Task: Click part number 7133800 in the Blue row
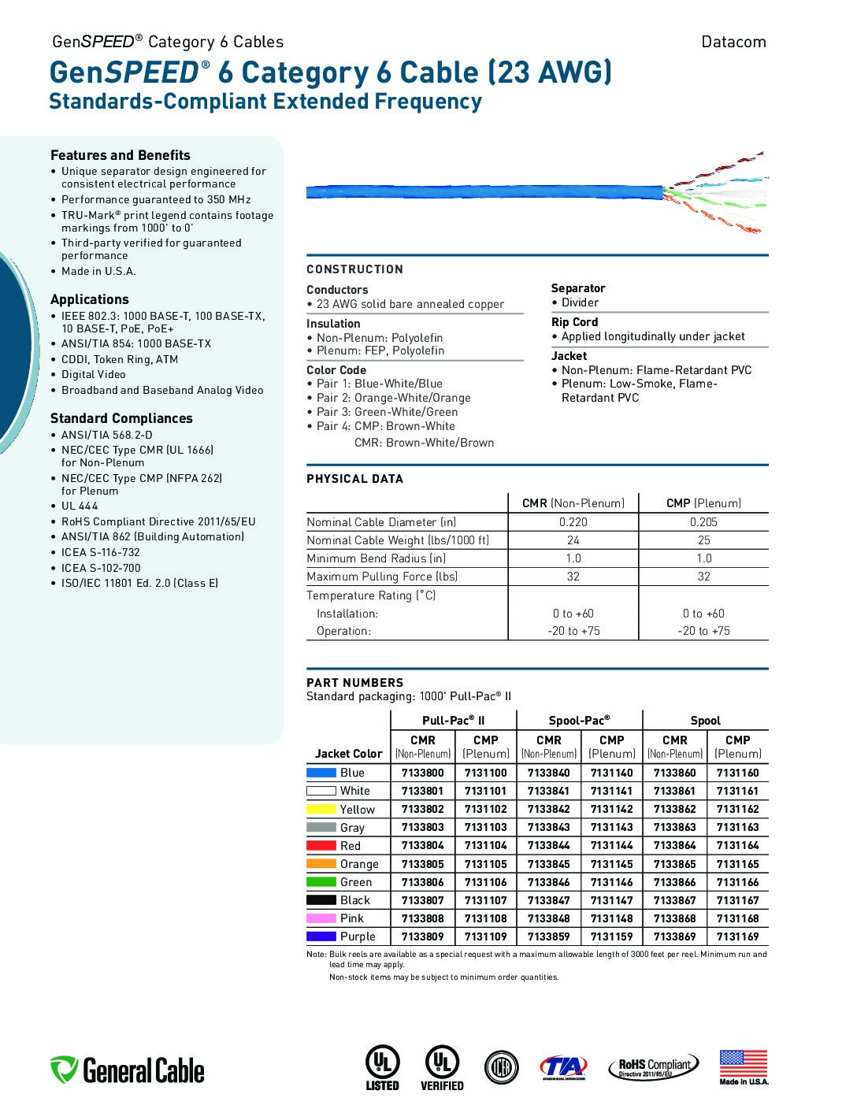[x=422, y=773]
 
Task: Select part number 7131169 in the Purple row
[x=737, y=937]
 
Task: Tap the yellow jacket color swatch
[x=321, y=809]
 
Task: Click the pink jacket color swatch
[x=321, y=918]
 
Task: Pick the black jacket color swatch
[x=321, y=900]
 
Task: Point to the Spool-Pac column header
[x=579, y=720]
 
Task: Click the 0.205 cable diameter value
[x=703, y=522]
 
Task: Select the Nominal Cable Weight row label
[x=398, y=540]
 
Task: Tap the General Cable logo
[x=128, y=1070]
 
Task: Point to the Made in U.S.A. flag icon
[x=743, y=1064]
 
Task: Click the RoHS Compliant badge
[x=653, y=1067]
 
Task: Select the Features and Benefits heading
[x=121, y=155]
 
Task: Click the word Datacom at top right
[x=733, y=42]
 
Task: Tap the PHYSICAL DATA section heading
[x=354, y=479]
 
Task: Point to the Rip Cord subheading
[x=574, y=322]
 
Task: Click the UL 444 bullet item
[x=80, y=506]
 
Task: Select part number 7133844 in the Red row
[x=548, y=845]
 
